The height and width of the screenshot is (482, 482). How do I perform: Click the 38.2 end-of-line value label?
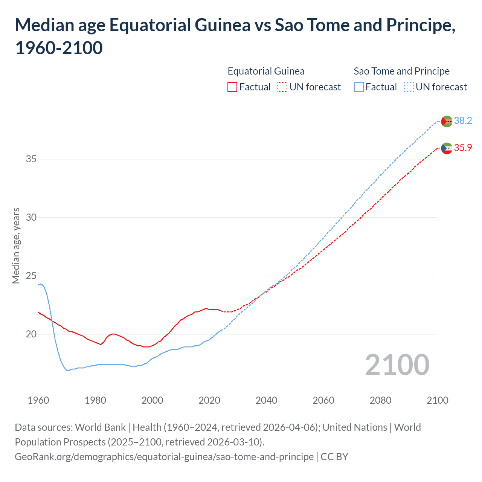[463, 120]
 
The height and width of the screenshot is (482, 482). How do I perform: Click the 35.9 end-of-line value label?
[463, 148]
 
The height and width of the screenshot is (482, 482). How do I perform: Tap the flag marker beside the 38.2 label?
[447, 121]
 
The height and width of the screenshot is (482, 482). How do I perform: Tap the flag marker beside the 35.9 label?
[447, 148]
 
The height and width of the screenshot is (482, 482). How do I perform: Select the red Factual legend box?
[232, 87]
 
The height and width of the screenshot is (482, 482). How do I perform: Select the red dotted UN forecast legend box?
[282, 87]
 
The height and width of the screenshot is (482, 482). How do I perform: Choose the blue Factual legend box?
[359, 87]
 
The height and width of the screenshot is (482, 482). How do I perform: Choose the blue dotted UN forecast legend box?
[409, 87]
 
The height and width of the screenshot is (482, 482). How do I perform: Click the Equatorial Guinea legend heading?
[266, 71]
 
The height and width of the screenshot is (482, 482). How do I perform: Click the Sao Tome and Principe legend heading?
[401, 71]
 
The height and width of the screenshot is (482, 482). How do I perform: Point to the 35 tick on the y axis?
[31, 159]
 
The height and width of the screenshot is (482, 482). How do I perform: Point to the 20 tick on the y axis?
[31, 334]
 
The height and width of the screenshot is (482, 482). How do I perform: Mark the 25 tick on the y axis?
[31, 276]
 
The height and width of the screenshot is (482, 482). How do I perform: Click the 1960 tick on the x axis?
[38, 400]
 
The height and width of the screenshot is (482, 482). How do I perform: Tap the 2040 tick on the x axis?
[266, 400]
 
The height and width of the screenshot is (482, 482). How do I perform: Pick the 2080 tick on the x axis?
[380, 400]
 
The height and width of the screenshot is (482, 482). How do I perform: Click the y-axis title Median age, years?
[16, 246]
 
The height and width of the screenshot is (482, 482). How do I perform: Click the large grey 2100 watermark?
[397, 365]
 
